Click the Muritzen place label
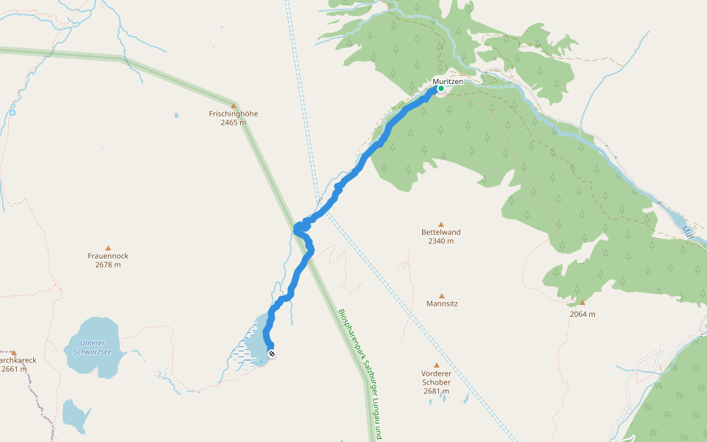pyautogui.click(x=448, y=81)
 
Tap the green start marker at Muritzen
pyautogui.click(x=441, y=89)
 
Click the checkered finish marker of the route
pyautogui.click(x=272, y=354)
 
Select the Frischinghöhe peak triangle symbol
pyautogui.click(x=233, y=106)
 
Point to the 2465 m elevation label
pyautogui.click(x=233, y=122)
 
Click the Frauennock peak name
pyautogui.click(x=108, y=256)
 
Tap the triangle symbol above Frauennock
pyautogui.click(x=108, y=248)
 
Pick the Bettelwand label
pyautogui.click(x=441, y=233)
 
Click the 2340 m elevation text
pyautogui.click(x=441, y=241)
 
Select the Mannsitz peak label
pyautogui.click(x=442, y=304)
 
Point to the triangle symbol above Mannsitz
pyautogui.click(x=442, y=295)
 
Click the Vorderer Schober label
pyautogui.click(x=436, y=378)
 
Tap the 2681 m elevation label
pyautogui.click(x=436, y=391)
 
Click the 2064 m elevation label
pyautogui.click(x=582, y=314)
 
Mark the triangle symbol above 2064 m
pyautogui.click(x=582, y=303)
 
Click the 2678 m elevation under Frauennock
pyautogui.click(x=108, y=264)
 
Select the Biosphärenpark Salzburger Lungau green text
pyautogui.click(x=361, y=368)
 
